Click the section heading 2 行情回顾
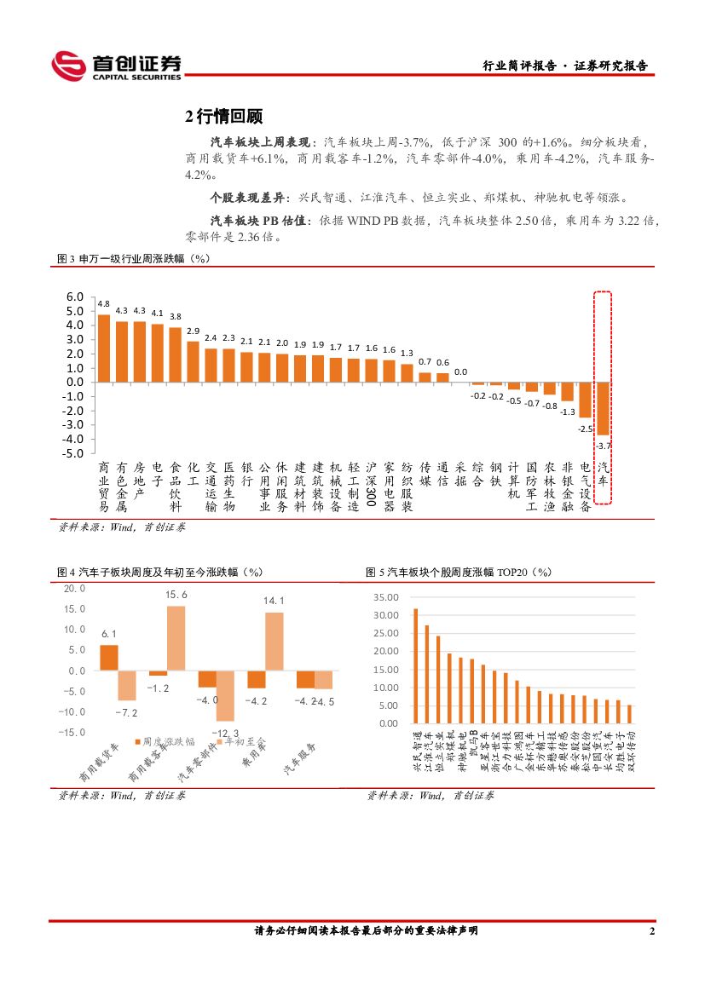coord(223,116)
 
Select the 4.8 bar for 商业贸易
coord(104,348)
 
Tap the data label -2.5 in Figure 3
coord(586,429)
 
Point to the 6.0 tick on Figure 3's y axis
coord(74,296)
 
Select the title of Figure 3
coord(133,258)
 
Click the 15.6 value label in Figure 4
coord(176,594)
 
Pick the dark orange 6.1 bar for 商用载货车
coord(108,658)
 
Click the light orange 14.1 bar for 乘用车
coord(274,642)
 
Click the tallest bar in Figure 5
coord(415,665)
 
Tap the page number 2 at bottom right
coord(652,931)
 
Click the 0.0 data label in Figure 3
coord(460,371)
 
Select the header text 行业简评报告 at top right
coord(519,66)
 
